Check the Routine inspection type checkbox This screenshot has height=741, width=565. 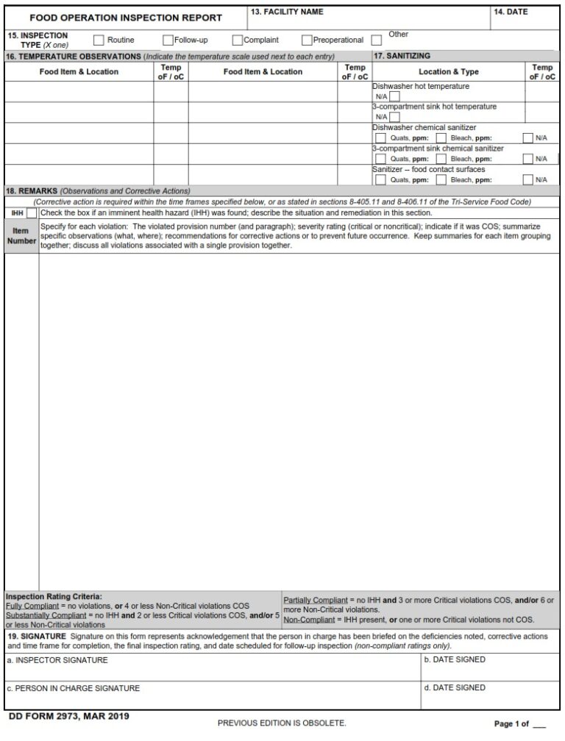99,40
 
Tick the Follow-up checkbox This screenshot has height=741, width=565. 168,40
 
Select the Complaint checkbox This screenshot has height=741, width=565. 238,40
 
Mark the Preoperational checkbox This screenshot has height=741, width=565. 307,40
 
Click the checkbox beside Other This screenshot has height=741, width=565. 377,40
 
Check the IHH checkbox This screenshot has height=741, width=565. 32,213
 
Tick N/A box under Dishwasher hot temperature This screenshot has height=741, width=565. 395,96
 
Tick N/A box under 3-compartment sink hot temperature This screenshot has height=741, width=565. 395,117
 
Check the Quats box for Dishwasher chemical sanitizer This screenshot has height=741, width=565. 380,137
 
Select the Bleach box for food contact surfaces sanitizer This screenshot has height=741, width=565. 441,179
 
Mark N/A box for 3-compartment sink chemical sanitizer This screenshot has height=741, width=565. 527,158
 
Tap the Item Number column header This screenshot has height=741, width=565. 21,235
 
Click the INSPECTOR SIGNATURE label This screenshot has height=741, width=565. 57,660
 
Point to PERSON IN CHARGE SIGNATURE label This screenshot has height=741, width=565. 74,688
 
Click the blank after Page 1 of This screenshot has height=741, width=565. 539,724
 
